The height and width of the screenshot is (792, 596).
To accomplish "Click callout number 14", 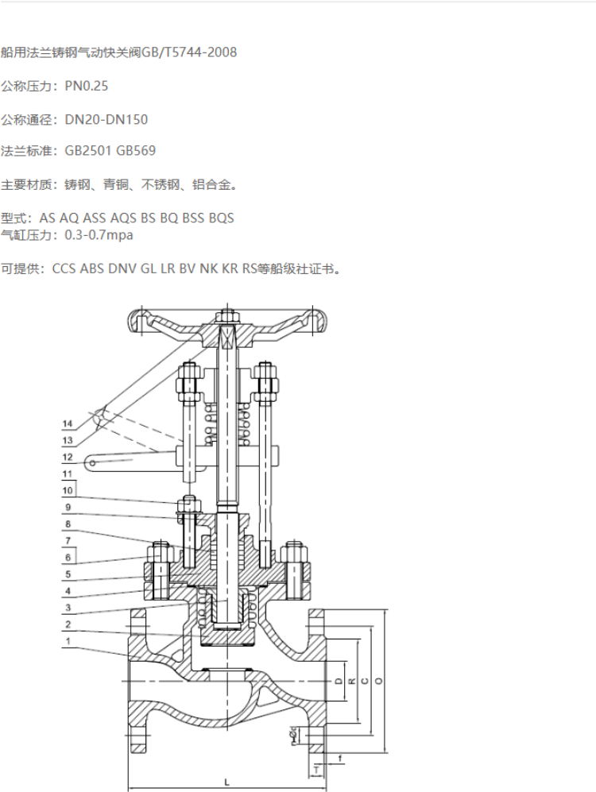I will point(68,423).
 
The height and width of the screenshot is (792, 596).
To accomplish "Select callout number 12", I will point(68,458).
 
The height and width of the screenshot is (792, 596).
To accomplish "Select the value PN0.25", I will point(87,86).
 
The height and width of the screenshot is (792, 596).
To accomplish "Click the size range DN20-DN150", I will point(106,119).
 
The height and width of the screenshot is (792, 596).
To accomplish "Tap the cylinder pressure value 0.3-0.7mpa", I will point(99,235).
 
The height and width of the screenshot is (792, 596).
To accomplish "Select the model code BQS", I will point(221,218).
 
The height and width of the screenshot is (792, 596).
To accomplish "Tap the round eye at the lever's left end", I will point(92,461).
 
